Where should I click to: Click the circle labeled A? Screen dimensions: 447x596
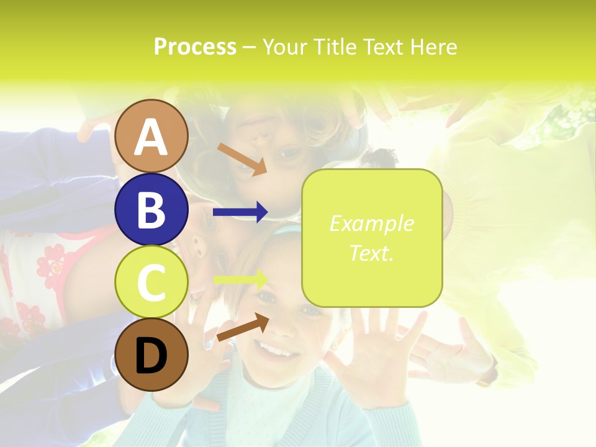click(x=151, y=136)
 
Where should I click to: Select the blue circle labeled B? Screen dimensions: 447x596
click(x=151, y=209)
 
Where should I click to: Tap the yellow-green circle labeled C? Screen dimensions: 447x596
click(x=151, y=282)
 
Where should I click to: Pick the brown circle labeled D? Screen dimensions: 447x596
click(x=151, y=354)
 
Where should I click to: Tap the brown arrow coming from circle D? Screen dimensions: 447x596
click(x=243, y=327)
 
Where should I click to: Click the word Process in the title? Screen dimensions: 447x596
click(x=195, y=47)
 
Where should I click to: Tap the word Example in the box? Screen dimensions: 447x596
click(x=371, y=223)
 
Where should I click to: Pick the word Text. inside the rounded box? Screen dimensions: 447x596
click(x=371, y=253)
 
